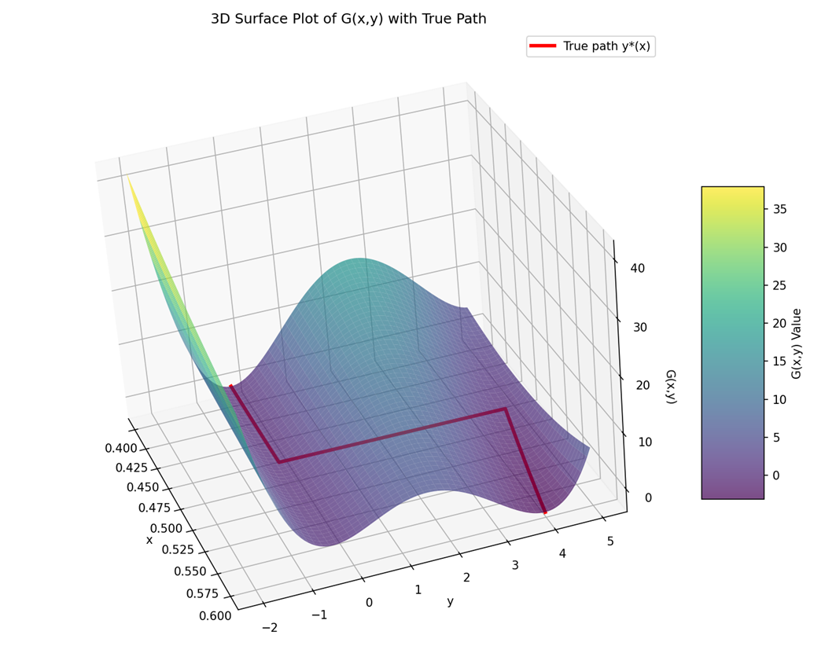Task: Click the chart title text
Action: [348, 19]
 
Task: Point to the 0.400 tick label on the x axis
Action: [120, 449]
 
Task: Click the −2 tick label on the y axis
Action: [269, 627]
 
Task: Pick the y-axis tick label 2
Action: [466, 578]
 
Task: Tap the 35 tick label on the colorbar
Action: [779, 209]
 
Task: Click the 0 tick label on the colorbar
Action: [776, 475]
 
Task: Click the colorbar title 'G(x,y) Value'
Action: [797, 343]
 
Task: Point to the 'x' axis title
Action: [149, 540]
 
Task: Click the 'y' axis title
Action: [450, 601]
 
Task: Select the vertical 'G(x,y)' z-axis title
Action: [671, 387]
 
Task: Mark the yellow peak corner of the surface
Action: [128, 178]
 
